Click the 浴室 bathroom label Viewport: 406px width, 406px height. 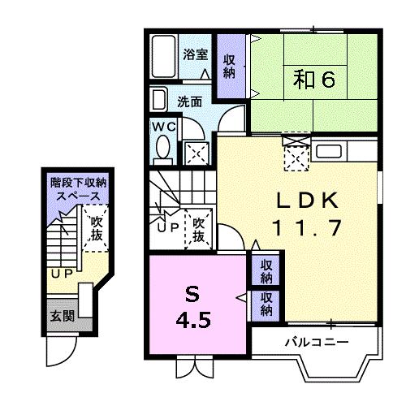click(195, 55)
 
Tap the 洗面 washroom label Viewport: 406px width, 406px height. click(189, 103)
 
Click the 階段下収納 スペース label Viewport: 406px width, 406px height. click(78, 190)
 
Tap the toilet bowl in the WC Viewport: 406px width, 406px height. click(162, 149)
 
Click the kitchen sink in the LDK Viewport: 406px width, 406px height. click(329, 151)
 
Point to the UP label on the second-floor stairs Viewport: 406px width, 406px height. click(169, 228)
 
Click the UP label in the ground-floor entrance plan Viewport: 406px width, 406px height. click(62, 274)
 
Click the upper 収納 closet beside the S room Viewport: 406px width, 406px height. click(265, 271)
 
